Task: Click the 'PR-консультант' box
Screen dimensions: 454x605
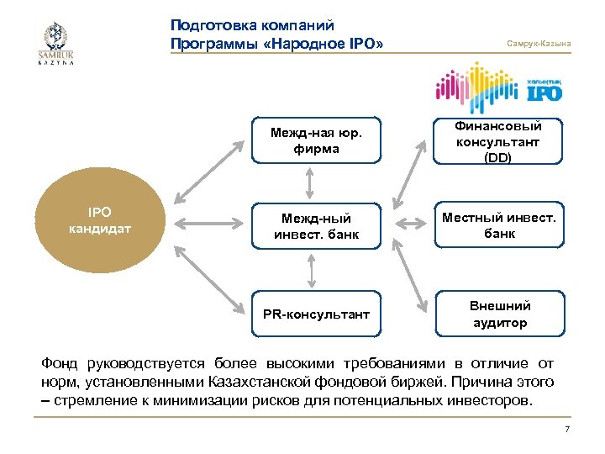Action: [x=316, y=314]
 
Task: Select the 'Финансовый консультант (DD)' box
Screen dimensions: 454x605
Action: [x=498, y=140]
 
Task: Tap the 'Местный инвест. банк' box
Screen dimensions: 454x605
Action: [x=498, y=224]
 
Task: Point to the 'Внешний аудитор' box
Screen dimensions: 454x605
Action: [x=498, y=314]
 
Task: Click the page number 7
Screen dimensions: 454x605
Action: [x=567, y=430]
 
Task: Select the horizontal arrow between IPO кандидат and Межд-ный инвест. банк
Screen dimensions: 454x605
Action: [x=210, y=224]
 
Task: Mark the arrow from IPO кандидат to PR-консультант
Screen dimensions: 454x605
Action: [x=210, y=277]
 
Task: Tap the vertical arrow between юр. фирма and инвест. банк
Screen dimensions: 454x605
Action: [x=311, y=182]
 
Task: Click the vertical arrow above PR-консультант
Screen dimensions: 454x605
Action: [x=311, y=271]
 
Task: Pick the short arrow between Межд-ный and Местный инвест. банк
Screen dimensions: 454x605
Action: [x=412, y=224]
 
